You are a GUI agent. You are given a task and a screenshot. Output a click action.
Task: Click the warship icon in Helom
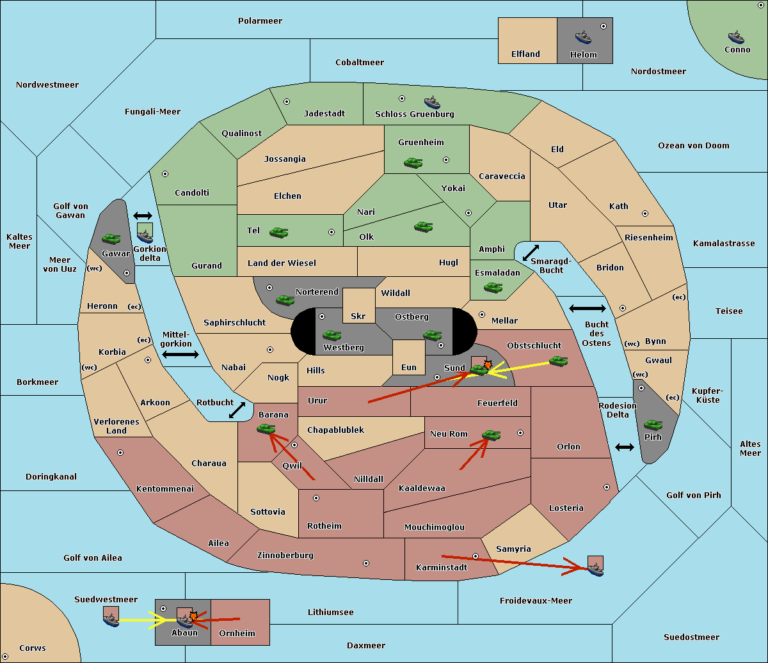pos(583,37)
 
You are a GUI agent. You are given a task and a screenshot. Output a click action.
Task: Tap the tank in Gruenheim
pos(413,162)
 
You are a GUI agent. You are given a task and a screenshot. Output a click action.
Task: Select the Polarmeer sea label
pos(260,21)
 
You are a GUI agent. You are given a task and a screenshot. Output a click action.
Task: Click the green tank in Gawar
pos(111,238)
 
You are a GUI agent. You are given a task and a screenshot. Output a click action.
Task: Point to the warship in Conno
pos(736,37)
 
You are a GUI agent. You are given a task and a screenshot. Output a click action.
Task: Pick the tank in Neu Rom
pos(491,435)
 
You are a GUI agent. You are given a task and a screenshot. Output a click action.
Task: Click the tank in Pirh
pos(653,425)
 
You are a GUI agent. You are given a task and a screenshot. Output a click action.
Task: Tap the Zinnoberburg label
pos(285,556)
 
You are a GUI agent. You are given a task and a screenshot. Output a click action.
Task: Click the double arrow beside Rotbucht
pos(237,410)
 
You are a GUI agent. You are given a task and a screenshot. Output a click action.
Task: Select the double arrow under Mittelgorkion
pos(180,354)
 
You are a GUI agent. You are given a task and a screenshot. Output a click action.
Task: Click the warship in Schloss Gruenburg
pos(432,102)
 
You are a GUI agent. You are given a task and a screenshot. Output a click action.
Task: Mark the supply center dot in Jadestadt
pos(287,102)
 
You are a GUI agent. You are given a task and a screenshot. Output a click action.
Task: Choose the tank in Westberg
pos(332,335)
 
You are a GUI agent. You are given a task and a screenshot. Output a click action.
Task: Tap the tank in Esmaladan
pos(493,287)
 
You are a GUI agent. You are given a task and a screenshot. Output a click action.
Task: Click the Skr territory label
pos(358,316)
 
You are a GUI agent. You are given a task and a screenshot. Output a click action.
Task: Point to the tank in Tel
pos(278,233)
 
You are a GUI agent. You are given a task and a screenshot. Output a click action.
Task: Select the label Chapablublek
pos(335,430)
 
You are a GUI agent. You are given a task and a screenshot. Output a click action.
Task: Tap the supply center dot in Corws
pos(5,657)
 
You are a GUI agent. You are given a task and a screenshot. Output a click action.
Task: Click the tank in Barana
pos(266,429)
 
